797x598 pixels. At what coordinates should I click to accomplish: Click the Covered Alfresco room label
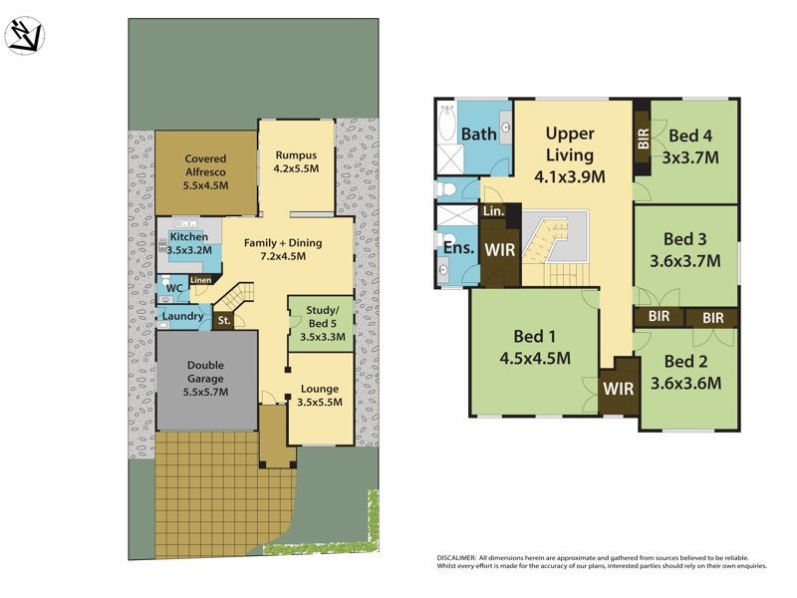click(x=205, y=171)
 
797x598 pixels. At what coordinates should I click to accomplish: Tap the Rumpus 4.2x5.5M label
click(x=295, y=161)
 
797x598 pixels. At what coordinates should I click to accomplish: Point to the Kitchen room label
click(x=188, y=243)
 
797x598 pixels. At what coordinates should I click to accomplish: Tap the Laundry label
click(x=183, y=317)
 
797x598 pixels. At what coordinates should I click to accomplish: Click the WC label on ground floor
click(x=174, y=289)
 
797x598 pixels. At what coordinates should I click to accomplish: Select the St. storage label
click(x=224, y=321)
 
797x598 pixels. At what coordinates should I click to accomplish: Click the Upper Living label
click(x=570, y=144)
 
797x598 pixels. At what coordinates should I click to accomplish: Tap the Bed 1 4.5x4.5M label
click(x=533, y=346)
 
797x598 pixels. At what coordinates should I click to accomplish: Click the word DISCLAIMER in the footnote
click(x=456, y=557)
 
